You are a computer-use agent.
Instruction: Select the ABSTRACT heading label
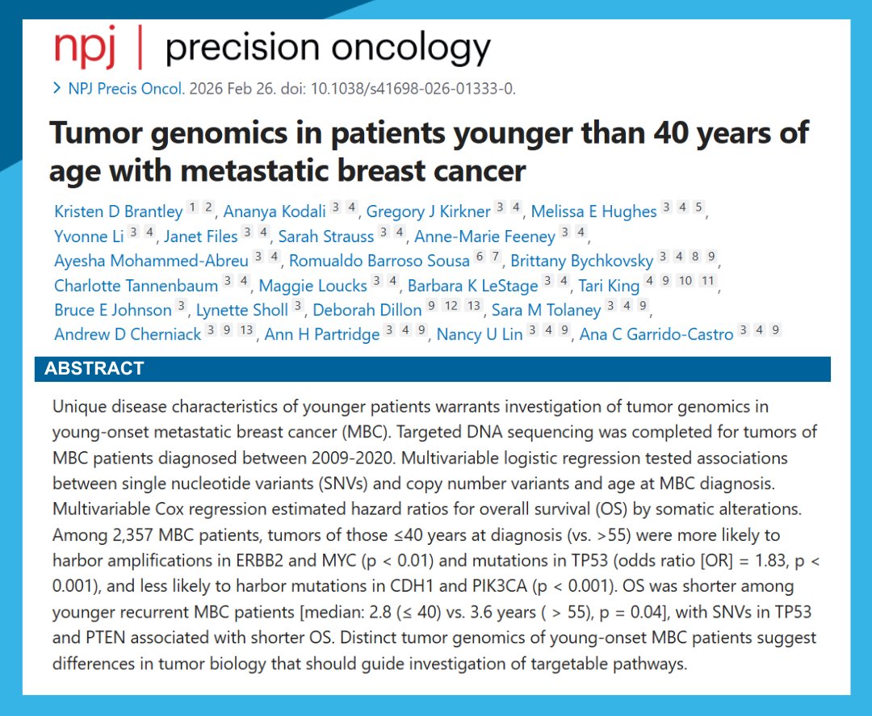[94, 369]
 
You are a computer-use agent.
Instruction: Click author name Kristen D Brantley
[118, 211]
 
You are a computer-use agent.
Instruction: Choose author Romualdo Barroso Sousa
[379, 261]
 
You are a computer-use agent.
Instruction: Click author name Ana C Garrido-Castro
[656, 334]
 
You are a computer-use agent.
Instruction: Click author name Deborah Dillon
[367, 310]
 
